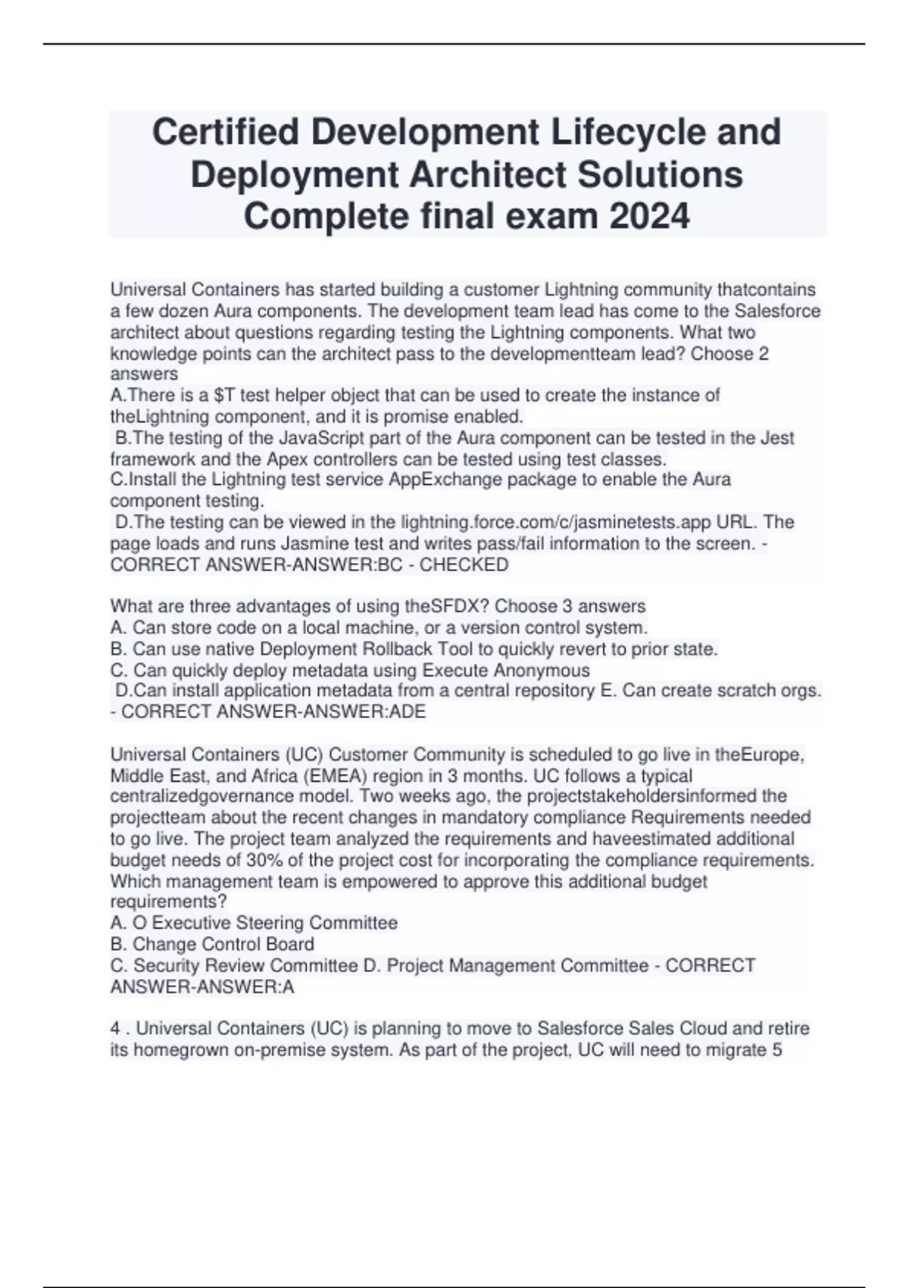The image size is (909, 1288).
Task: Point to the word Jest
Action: click(778, 438)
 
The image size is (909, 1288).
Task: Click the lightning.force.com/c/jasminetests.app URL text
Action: click(579, 522)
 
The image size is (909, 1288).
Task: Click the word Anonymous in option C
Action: click(542, 671)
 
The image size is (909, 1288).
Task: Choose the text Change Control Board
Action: click(223, 944)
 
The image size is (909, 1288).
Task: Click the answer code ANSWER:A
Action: click(202, 987)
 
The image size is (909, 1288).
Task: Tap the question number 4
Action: click(115, 1029)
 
